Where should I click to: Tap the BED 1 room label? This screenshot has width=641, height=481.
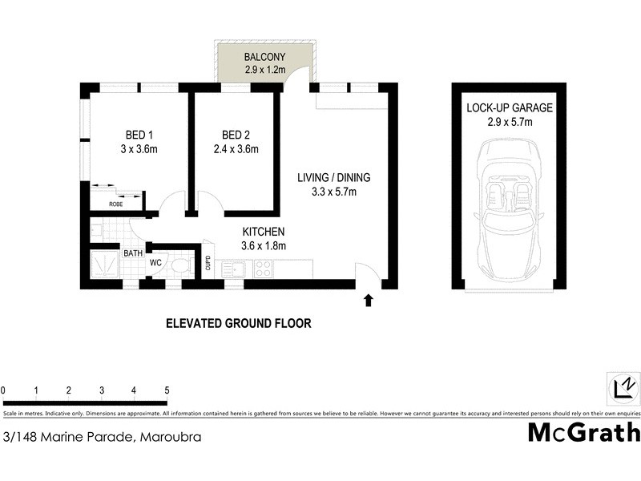[x=141, y=134]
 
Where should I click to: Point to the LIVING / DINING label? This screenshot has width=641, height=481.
[x=333, y=178]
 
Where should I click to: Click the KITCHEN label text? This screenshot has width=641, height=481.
[x=264, y=232]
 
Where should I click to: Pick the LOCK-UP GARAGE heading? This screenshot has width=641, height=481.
[x=510, y=108]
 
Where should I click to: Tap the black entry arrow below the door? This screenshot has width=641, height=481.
[x=369, y=300]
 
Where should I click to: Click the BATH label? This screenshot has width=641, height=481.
[x=132, y=254]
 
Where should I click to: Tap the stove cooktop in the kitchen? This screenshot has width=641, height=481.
[x=262, y=270]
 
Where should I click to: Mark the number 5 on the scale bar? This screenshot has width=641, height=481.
[x=167, y=390]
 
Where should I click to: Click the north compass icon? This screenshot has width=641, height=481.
[x=623, y=387]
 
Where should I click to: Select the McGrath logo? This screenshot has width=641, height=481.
[x=583, y=432]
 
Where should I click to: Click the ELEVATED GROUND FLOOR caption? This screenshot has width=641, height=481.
[x=238, y=324]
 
